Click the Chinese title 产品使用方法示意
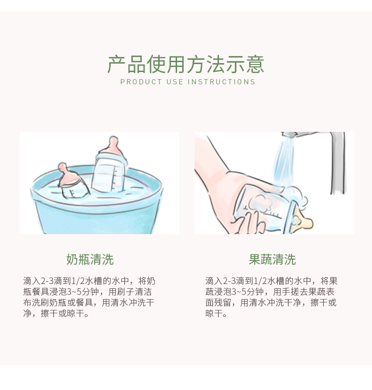pyautogui.click(x=186, y=64)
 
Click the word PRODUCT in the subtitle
pyautogui.click(x=141, y=82)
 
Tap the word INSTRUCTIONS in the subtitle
pyautogui.click(x=221, y=82)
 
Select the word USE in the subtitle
pyautogui.click(x=175, y=82)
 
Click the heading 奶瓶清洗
pyautogui.click(x=90, y=260)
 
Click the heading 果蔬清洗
pyautogui.click(x=272, y=260)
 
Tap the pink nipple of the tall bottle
pyautogui.click(x=113, y=147)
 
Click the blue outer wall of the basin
pyautogui.click(x=97, y=219)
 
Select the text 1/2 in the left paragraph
pyautogui.click(x=78, y=281)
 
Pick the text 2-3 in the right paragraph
pyautogui.click(x=229, y=281)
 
